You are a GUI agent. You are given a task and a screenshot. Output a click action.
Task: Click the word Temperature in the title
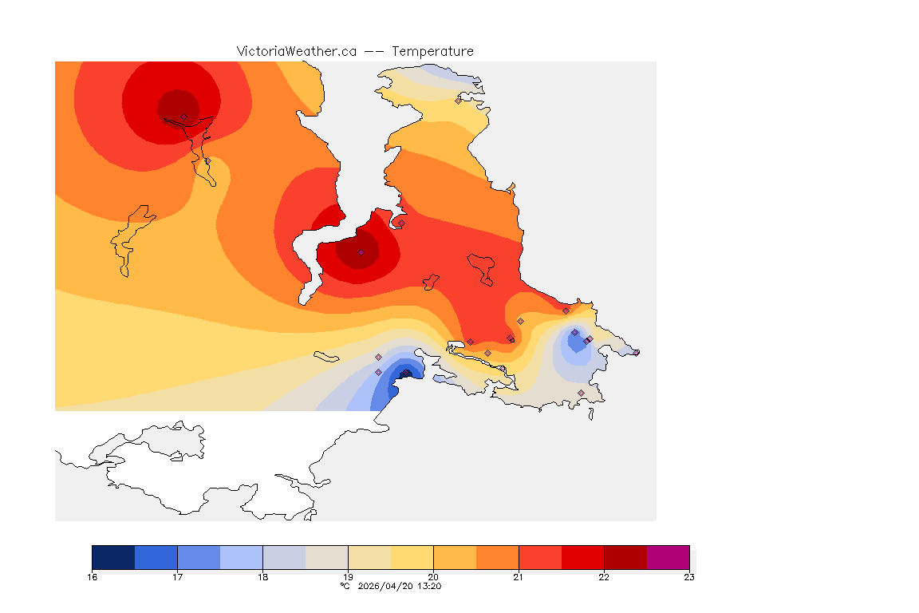coord(432,51)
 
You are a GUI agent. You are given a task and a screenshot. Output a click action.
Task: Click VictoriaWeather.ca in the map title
coord(296,51)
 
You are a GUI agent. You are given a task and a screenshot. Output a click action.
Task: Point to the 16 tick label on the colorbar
coord(93,577)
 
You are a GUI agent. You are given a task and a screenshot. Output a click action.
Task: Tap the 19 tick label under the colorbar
coord(348,577)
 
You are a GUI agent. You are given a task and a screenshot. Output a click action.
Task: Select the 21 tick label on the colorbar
coord(519,577)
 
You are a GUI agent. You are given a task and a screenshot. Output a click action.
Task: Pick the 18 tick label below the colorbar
coord(262,577)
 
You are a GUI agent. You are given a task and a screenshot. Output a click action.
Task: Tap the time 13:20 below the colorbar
coord(429,586)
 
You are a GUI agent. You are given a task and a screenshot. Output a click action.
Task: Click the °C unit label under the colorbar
coord(345,586)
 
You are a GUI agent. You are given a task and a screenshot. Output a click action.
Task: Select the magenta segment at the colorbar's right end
coord(668,556)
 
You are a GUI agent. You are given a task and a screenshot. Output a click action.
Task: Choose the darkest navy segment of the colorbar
coord(113,556)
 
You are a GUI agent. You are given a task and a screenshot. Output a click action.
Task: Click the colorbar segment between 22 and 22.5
coord(625,556)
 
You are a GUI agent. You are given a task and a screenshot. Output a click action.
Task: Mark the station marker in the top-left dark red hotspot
coord(183,117)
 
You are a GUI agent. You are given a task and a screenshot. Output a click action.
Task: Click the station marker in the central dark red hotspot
coord(361,252)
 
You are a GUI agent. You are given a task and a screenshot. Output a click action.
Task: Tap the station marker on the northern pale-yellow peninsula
coord(458,101)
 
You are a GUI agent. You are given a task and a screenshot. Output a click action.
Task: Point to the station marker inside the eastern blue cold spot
coord(574,332)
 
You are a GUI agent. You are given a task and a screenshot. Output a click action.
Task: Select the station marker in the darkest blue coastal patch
coord(405,373)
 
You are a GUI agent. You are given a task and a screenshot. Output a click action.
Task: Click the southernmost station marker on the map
coord(581,393)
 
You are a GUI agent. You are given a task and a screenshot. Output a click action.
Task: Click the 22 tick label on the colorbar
coord(604,577)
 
